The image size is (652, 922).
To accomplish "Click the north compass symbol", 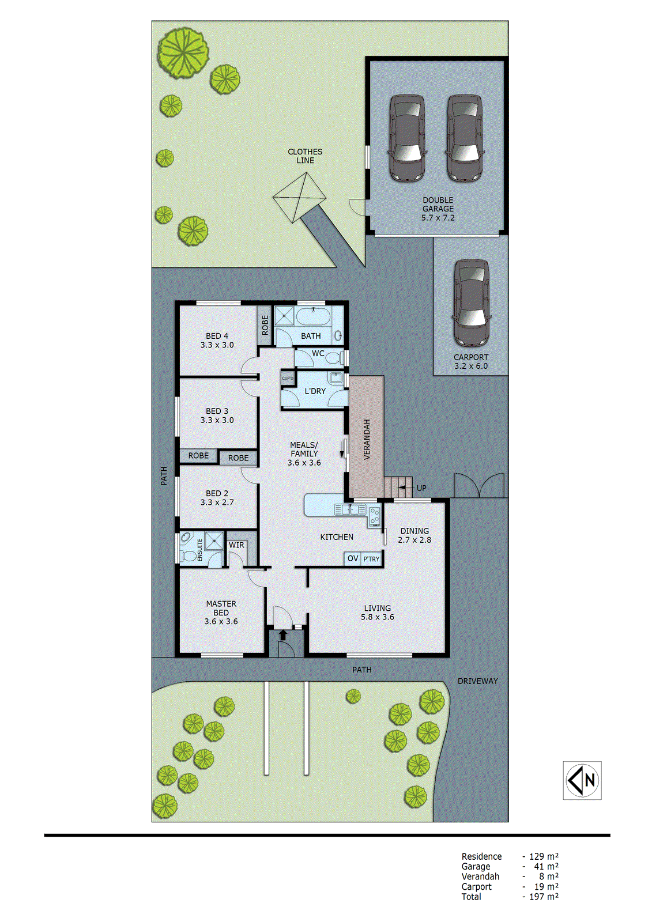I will pos(582,780).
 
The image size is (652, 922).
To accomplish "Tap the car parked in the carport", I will pos(471,301).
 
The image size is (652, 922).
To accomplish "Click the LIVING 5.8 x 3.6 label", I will pos(378,613).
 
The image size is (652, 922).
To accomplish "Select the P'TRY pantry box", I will pos(372,559).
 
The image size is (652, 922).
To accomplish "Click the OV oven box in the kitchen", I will pos(353,558).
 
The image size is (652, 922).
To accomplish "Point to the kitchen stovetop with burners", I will pos(375,516).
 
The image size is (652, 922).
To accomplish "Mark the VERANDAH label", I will pos(367,439).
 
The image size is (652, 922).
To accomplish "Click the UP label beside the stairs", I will pos(421,488).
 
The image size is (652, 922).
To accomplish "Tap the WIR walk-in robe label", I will pos(236,545).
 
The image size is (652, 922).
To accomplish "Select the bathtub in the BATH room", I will pos(313,316).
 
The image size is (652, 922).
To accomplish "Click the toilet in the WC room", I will pos(333,358).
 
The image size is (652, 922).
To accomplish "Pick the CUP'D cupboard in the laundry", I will pos(288,379).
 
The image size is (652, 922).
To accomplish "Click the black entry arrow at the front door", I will pos(283,635).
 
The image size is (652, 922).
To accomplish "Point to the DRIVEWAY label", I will pos(477,681).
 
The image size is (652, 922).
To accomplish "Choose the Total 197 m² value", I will pos(544,897).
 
